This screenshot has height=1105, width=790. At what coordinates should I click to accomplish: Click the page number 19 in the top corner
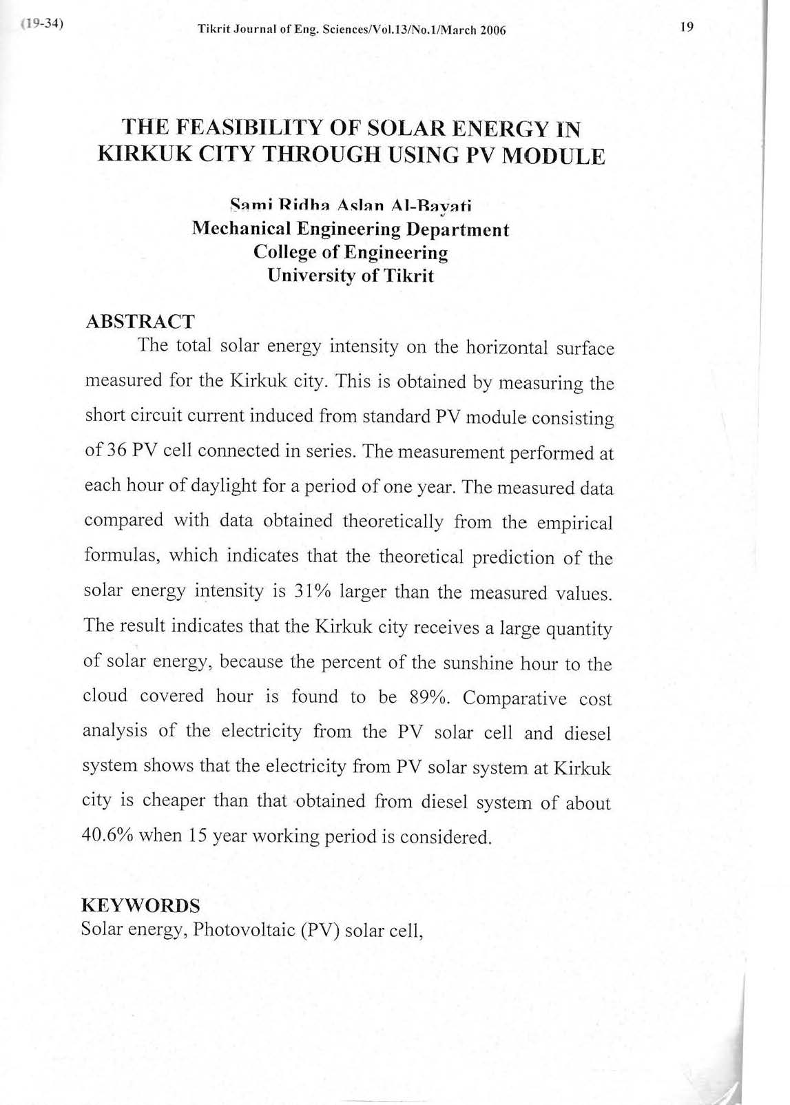pyautogui.click(x=686, y=28)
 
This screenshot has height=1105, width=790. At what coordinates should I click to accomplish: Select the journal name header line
pyautogui.click(x=351, y=30)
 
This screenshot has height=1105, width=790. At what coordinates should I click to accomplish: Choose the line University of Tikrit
pyautogui.click(x=351, y=276)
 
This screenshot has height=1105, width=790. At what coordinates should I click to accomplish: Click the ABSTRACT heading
pyautogui.click(x=140, y=321)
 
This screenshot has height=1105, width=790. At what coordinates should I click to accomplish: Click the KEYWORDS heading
pyautogui.click(x=141, y=905)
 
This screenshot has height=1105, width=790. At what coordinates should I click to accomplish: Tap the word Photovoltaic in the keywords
pyautogui.click(x=242, y=929)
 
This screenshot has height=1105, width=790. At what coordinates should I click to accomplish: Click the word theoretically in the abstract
pyautogui.click(x=393, y=521)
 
